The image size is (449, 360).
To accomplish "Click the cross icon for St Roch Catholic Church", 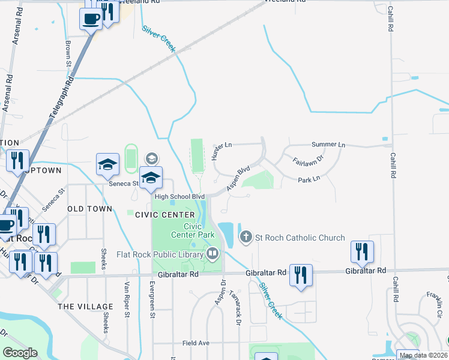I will [x=246, y=238].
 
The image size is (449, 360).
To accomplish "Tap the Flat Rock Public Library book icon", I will [x=212, y=254].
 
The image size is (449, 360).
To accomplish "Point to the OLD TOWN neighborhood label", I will [x=90, y=209].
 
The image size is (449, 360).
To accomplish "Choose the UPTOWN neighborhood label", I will [x=43, y=170].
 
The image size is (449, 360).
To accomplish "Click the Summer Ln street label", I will [x=328, y=145].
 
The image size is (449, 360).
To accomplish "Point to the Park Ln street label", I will [x=309, y=179].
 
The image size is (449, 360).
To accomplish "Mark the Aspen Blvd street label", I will [x=238, y=179].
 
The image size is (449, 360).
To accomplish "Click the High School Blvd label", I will [x=179, y=196].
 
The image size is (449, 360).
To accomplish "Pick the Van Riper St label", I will [x=127, y=300].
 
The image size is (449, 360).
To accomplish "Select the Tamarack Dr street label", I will [x=238, y=310].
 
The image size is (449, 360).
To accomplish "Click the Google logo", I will [x=20, y=352].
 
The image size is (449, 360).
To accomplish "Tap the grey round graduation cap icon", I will [x=151, y=158].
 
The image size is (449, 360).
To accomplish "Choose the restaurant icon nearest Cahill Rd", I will [x=362, y=251].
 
